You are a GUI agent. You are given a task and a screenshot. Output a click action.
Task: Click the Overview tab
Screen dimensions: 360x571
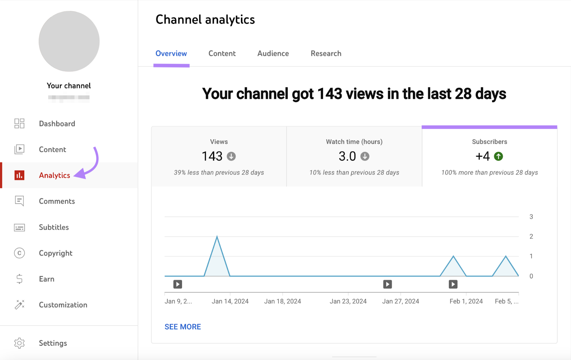click(171, 54)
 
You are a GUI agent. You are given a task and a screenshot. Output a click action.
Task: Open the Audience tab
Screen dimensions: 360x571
click(273, 54)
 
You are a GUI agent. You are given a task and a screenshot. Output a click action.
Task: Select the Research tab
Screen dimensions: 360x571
click(326, 54)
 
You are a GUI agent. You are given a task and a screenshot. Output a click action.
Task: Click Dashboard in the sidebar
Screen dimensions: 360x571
click(57, 124)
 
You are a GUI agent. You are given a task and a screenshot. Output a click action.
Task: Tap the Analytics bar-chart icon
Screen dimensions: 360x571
click(19, 175)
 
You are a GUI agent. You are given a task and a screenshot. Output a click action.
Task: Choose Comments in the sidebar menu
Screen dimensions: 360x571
click(57, 201)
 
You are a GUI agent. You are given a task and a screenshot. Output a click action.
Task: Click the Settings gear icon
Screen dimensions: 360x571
click(19, 343)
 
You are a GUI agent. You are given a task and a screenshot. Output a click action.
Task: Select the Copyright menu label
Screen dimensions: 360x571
click(56, 253)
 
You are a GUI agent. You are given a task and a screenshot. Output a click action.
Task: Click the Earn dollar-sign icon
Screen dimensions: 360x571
click(19, 279)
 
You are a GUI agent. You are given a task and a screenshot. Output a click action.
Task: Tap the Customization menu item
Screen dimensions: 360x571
click(63, 305)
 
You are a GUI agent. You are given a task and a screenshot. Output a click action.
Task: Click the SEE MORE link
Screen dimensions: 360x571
click(183, 327)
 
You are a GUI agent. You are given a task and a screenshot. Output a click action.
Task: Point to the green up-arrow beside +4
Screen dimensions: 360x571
click(498, 156)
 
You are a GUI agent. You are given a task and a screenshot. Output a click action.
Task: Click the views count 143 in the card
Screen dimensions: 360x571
click(212, 156)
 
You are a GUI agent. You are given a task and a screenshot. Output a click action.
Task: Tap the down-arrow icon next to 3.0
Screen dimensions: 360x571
click(365, 156)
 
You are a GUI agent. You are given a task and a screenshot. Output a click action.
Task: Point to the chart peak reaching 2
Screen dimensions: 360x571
click(217, 237)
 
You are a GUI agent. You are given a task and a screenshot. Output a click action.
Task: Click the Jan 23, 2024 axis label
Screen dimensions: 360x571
click(348, 301)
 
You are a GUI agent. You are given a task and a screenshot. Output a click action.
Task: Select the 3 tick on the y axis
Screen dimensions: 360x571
click(531, 217)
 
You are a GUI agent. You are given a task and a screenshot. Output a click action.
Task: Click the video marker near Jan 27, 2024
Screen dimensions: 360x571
click(388, 284)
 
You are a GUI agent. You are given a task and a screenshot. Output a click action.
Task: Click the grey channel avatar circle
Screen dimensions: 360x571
click(69, 41)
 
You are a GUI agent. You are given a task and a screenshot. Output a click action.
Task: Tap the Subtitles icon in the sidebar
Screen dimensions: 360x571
click(19, 227)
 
